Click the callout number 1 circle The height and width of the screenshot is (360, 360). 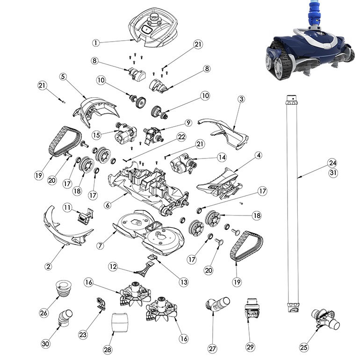[x=95, y=43]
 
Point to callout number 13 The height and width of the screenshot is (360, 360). [x=183, y=282]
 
